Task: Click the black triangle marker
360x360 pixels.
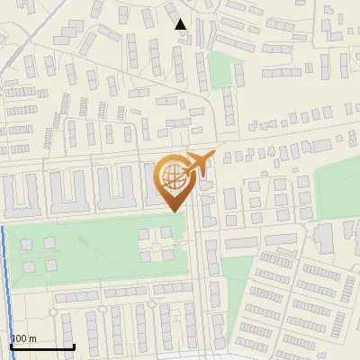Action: coord(181,24)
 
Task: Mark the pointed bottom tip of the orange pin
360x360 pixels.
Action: coord(172,211)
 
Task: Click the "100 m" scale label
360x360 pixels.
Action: coord(24,338)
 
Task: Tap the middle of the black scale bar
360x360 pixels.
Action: coord(42,346)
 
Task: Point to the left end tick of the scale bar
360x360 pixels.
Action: coord(11,346)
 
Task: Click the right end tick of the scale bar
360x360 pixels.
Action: coord(74,346)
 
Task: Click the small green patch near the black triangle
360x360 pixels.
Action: coord(220,68)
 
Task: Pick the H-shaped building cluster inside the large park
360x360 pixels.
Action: coord(155,244)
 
